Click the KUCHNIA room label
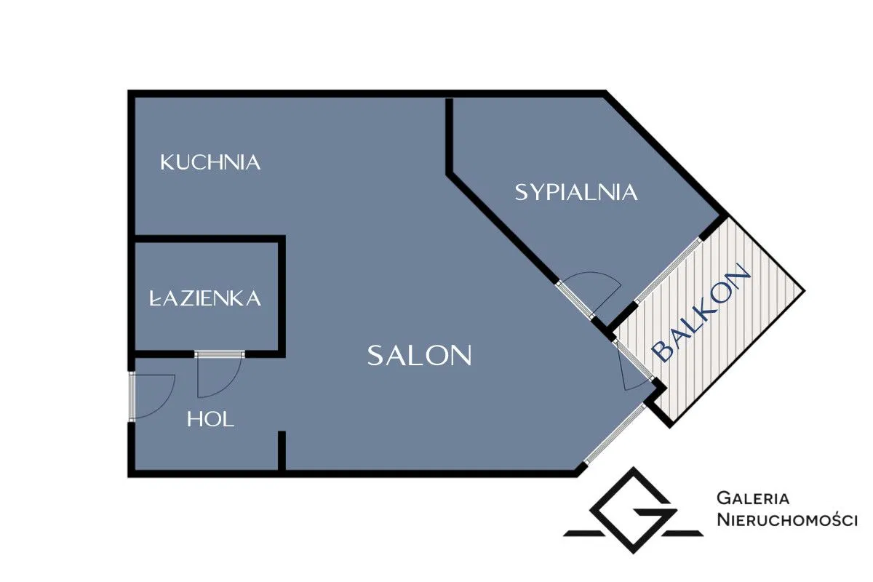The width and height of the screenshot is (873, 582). pos(210,162)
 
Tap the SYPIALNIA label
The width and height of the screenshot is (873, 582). pos(576,192)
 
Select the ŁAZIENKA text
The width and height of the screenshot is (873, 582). pos(205,298)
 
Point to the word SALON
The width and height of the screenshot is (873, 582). pos(420,356)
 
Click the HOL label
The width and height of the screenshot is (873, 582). pos(210,419)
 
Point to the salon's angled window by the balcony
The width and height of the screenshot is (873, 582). pos(615,434)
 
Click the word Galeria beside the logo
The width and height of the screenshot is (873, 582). pos(753,498)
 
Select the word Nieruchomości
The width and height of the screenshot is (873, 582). pos(787,519)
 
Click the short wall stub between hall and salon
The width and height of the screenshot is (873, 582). pos(281,452)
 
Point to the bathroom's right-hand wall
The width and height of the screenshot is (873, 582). pos(281,295)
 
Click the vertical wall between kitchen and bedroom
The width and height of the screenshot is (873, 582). pos(450,135)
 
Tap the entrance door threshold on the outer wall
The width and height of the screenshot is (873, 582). pos(132,396)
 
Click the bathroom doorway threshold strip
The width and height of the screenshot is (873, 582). pos(220,354)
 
